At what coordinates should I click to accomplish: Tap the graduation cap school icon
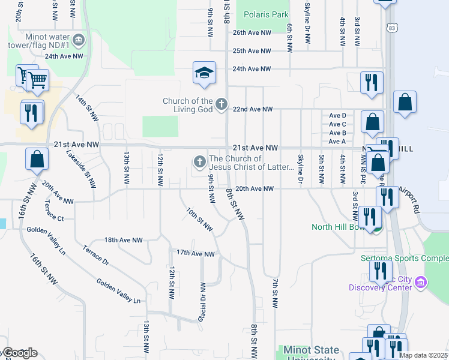click(204, 73)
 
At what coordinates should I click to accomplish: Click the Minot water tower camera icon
click(81, 40)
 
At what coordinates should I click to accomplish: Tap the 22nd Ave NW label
click(253, 109)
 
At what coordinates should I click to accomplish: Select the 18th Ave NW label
click(124, 240)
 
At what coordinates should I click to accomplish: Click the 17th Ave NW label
click(195, 254)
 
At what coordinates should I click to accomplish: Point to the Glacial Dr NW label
click(203, 302)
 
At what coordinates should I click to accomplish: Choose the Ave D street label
click(337, 115)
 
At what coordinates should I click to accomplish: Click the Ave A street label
click(337, 142)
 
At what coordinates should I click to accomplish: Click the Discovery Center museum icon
click(420, 281)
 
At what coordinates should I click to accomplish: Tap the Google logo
click(19, 353)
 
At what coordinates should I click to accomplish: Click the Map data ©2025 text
click(423, 355)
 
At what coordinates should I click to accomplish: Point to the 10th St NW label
click(199, 220)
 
